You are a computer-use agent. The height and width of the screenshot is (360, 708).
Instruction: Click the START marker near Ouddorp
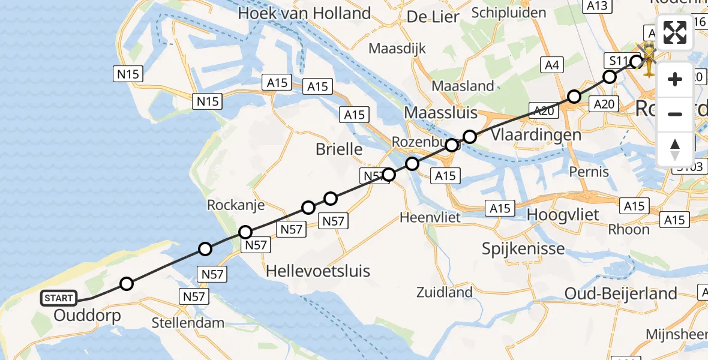(x=59, y=298)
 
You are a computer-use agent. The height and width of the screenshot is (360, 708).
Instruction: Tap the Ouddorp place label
(x=88, y=316)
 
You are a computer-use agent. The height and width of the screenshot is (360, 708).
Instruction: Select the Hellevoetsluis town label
(x=317, y=270)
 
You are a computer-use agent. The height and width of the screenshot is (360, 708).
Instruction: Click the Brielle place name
(x=339, y=149)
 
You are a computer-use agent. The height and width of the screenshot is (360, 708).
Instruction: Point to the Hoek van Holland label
(x=304, y=13)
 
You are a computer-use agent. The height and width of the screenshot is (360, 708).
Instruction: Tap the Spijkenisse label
(x=523, y=248)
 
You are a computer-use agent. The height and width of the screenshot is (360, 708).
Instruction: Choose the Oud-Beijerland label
(x=621, y=293)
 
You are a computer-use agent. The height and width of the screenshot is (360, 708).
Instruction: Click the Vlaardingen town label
(x=536, y=134)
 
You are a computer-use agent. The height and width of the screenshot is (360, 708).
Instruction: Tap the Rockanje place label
(x=236, y=205)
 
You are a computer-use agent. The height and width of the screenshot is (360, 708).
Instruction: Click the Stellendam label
(x=188, y=323)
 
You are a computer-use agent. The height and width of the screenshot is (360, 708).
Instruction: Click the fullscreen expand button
(x=675, y=33)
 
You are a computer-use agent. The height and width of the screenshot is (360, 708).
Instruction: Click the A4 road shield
(x=551, y=65)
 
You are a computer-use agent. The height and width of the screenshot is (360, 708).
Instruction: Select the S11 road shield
(x=618, y=61)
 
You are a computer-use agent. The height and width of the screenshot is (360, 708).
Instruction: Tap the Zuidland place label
(x=445, y=293)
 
